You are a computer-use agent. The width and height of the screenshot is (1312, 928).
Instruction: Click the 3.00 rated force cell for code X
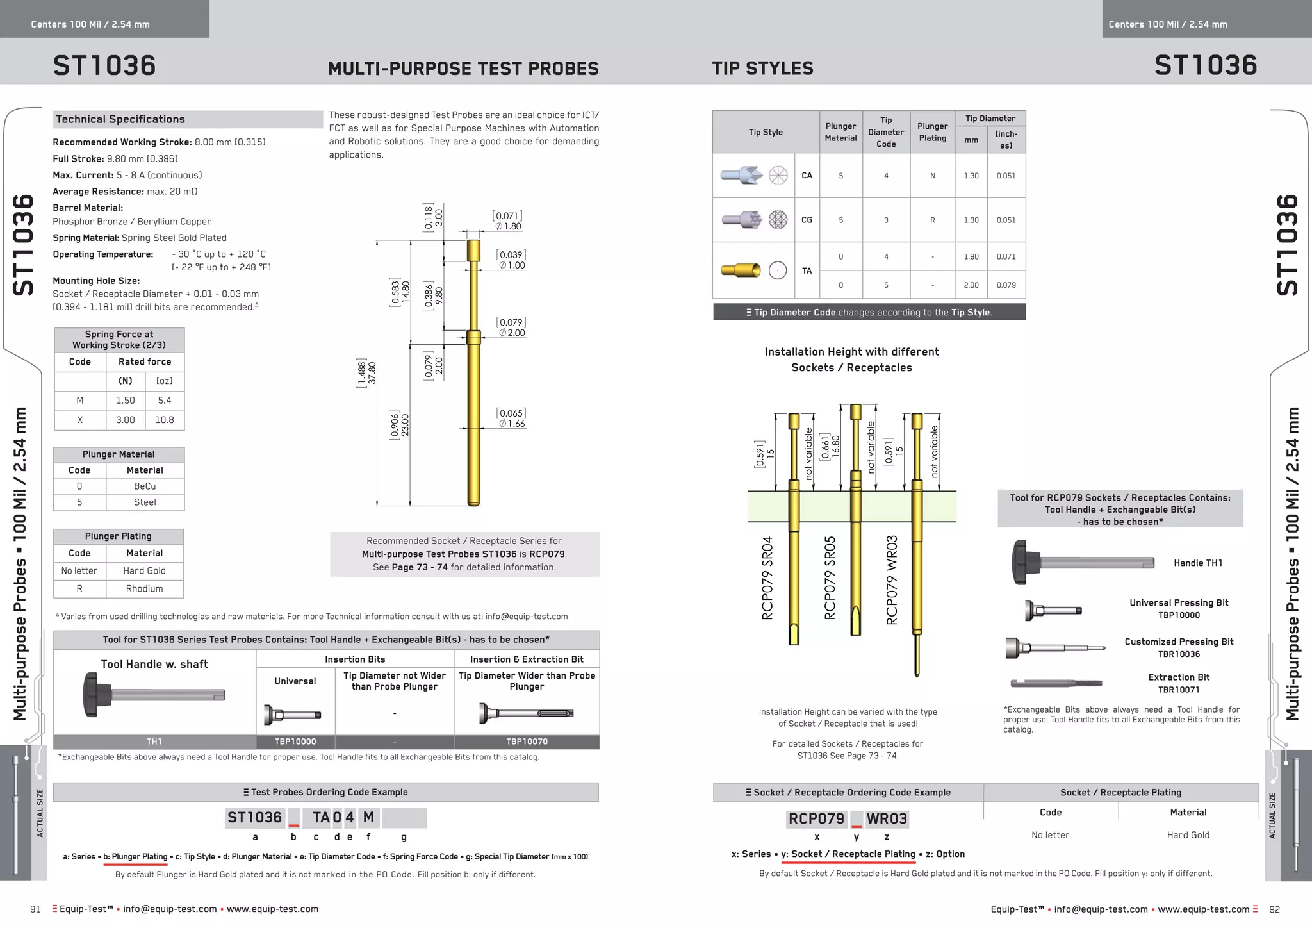[x=126, y=420]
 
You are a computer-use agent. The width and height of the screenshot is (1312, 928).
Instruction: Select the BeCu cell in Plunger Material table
[x=145, y=486]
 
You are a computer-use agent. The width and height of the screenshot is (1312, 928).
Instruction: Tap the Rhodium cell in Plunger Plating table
[x=144, y=588]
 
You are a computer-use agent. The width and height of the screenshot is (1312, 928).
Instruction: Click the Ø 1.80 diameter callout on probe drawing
[x=508, y=226]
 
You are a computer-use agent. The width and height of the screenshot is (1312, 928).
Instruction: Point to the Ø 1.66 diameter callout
[x=512, y=424]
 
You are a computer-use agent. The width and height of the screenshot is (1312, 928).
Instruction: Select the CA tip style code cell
[x=807, y=176]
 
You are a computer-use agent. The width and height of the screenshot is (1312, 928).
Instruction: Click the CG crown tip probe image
[x=742, y=220]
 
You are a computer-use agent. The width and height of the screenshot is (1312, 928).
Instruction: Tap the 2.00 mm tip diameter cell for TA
[x=971, y=285]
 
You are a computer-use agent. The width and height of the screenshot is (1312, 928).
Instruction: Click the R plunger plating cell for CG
[x=932, y=220]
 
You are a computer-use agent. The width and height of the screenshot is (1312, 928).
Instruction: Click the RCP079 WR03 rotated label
[x=892, y=580]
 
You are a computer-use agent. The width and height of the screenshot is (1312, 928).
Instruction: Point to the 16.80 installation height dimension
[x=835, y=445]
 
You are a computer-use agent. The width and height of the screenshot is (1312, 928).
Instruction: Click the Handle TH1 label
[x=1197, y=563]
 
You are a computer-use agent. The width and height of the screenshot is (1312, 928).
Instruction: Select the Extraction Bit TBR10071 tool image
[x=1056, y=683]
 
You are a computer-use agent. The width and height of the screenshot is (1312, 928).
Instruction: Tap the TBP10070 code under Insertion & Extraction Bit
[x=527, y=742]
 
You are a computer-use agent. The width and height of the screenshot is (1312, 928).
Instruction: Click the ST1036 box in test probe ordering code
[x=254, y=818]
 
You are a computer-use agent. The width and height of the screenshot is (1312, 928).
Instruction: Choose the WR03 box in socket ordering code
[x=887, y=819]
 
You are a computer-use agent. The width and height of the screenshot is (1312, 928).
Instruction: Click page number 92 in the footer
[x=1274, y=909]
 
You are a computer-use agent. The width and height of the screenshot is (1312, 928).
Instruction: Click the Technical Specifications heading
[x=120, y=119]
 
